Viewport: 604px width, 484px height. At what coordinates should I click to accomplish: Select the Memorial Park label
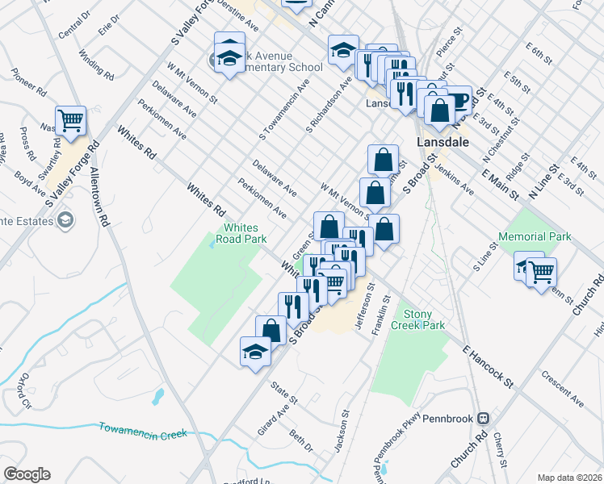535,236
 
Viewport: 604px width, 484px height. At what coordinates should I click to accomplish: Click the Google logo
27,474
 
